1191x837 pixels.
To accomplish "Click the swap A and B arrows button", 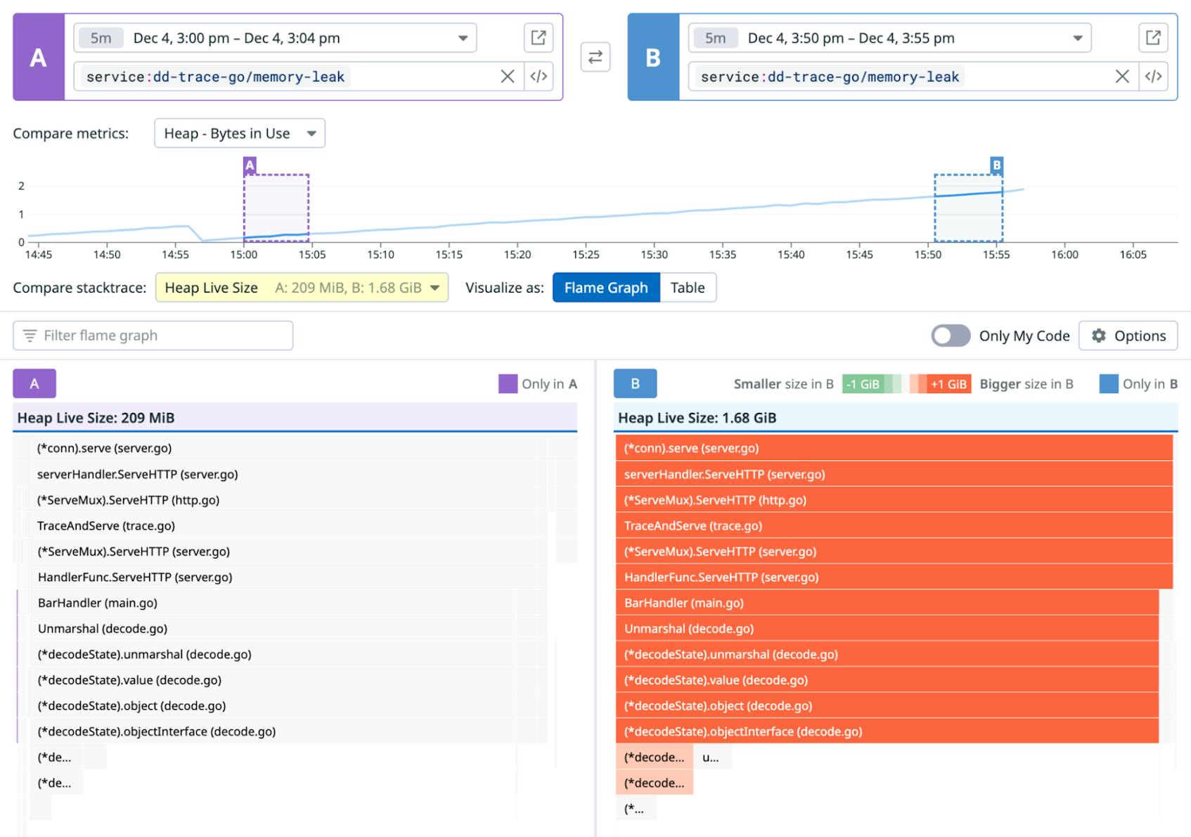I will (x=595, y=57).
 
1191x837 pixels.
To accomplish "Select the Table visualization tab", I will (x=687, y=288).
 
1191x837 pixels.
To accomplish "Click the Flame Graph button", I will (x=605, y=288).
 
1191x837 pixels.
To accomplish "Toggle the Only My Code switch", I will (x=951, y=336).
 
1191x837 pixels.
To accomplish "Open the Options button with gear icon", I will (x=1128, y=336).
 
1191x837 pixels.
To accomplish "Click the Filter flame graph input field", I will (x=153, y=336).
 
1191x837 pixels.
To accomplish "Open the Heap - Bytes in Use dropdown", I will (x=239, y=133).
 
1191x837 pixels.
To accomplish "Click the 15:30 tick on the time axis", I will (x=654, y=254).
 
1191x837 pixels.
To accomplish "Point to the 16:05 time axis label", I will (x=1133, y=254).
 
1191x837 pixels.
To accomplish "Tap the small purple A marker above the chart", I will (x=250, y=165).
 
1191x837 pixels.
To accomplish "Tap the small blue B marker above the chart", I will (x=996, y=165).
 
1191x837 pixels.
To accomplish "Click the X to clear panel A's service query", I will (x=507, y=76).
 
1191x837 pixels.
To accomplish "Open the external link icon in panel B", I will (x=1153, y=38).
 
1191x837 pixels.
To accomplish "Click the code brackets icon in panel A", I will (x=539, y=76).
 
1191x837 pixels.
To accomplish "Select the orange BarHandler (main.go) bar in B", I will (x=886, y=603).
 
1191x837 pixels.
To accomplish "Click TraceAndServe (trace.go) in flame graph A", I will (x=106, y=525).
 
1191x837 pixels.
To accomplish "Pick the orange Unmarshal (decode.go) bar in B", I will (x=886, y=628).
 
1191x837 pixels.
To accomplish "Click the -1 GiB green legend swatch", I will (x=863, y=384).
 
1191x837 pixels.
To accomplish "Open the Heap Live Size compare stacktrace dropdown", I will (x=301, y=288).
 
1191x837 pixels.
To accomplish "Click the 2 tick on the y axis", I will (x=21, y=186).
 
